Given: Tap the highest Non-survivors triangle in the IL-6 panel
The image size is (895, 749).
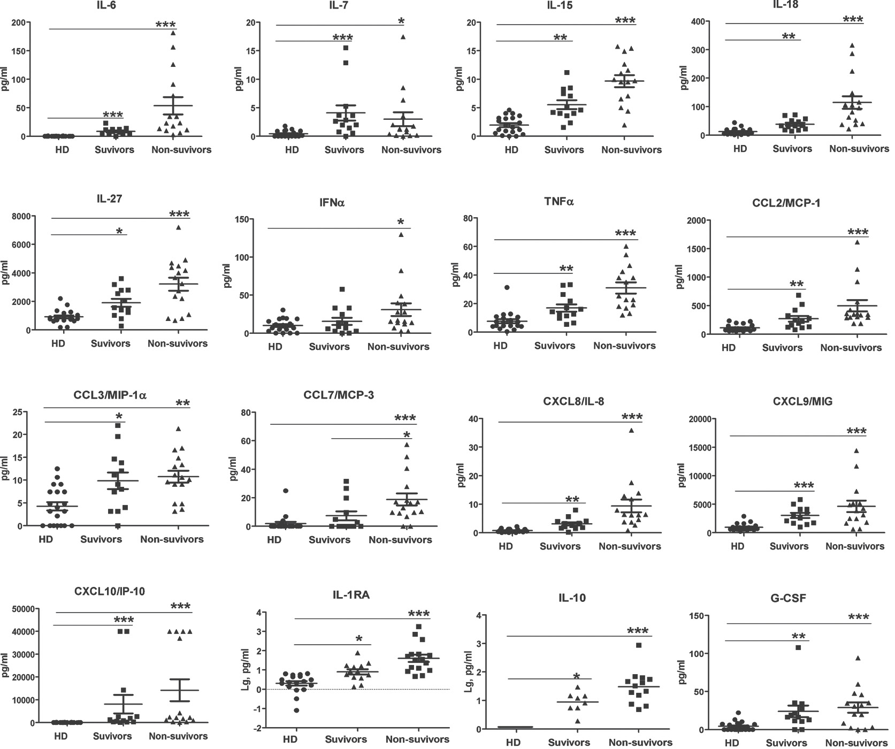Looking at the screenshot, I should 173,33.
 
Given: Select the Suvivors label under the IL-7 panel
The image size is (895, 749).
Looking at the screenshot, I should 345,149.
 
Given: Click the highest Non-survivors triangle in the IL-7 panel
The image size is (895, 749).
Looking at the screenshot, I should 403,37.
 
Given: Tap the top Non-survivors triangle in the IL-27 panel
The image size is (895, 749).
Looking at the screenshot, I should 179,227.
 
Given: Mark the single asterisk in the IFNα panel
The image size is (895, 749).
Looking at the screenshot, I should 401,222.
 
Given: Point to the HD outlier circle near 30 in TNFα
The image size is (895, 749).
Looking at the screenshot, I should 507,288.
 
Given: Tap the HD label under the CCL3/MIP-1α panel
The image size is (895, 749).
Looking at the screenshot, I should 45,539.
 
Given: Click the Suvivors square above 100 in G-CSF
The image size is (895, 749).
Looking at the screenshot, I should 798,647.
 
